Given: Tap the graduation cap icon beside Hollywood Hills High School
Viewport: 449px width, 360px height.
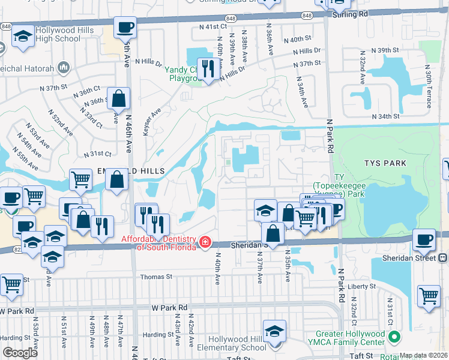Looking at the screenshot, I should point(23,37).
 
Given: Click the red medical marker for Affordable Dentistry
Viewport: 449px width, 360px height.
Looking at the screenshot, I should point(205,242).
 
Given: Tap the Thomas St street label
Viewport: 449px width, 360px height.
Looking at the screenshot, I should point(156,277).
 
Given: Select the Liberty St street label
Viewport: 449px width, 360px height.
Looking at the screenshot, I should point(364,287).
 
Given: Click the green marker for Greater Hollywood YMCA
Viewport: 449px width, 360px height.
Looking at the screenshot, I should point(394,337).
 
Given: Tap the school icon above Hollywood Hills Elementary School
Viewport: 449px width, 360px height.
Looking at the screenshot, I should point(274,331).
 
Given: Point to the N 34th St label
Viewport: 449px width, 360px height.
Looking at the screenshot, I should point(385,116).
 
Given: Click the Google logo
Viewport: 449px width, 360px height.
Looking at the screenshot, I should point(20,353).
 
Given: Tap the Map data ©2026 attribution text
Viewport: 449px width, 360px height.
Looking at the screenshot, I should point(423,355).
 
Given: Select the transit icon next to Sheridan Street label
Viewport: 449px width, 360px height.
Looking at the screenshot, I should point(442,258).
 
